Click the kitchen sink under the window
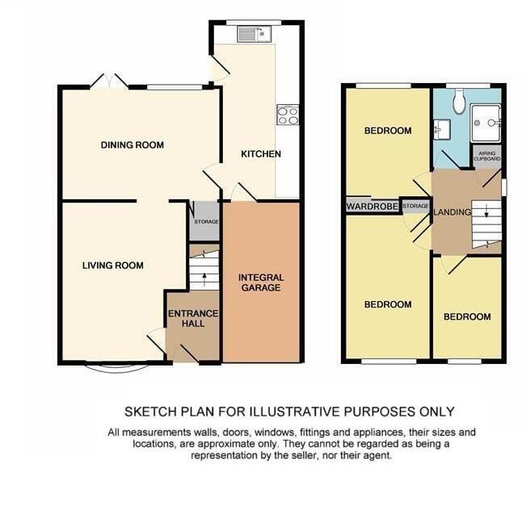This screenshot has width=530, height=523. click(x=253, y=34)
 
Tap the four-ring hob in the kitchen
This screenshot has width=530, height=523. click(x=287, y=115)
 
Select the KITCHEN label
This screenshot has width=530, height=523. click(x=261, y=153)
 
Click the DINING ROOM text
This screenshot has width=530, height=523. click(x=132, y=145)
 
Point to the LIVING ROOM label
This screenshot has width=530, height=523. click(x=113, y=265)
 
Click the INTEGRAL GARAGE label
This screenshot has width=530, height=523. click(x=261, y=282)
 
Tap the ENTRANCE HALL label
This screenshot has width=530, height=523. click(x=193, y=318)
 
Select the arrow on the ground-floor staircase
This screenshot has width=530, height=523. click(x=204, y=275)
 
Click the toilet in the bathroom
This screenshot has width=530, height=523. click(x=459, y=100)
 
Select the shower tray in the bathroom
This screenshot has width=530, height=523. click(x=487, y=123)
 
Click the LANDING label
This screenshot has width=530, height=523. click(x=452, y=212)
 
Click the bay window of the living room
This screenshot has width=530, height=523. click(x=119, y=367)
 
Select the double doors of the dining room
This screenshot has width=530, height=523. click(x=109, y=82)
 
